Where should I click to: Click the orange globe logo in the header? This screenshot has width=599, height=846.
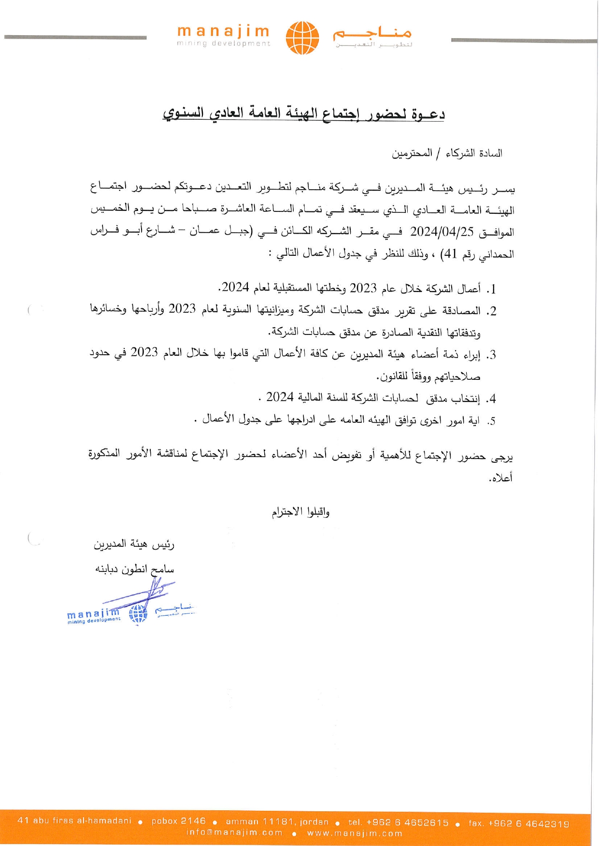tap(302, 37)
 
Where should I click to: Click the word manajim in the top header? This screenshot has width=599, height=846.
tap(224, 32)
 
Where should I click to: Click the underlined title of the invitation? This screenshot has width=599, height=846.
tap(303, 114)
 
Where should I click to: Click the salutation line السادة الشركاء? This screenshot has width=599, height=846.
tap(447, 153)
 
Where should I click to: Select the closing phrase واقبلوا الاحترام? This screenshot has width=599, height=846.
tap(300, 512)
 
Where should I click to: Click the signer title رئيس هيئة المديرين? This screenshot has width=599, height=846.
tap(134, 545)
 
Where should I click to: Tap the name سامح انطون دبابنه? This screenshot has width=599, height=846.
tap(134, 569)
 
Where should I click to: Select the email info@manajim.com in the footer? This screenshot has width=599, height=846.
tap(234, 833)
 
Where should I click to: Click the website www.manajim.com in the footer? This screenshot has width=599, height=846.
tap(355, 833)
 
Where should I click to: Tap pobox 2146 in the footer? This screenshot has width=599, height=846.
tap(178, 821)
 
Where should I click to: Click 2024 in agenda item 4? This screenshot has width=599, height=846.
tap(280, 397)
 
